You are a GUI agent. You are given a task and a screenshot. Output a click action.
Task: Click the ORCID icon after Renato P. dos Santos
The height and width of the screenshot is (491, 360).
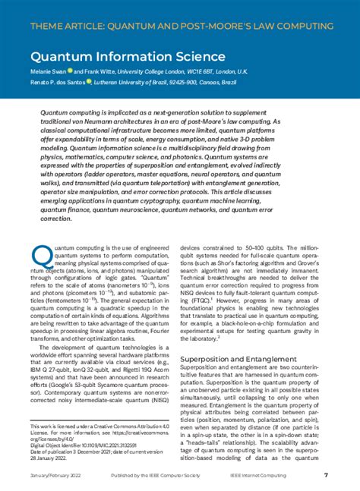90,83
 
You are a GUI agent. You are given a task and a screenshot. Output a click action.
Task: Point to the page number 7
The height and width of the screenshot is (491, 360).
325,476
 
